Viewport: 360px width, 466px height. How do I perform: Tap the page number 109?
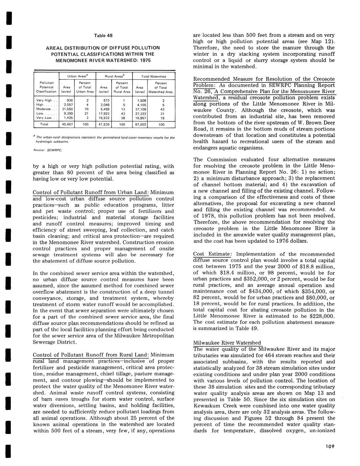click(328, 446)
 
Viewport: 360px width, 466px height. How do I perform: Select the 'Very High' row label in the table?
click(44, 100)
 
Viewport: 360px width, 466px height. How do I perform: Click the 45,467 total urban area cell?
click(67, 124)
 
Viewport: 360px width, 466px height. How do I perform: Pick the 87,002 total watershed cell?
click(141, 124)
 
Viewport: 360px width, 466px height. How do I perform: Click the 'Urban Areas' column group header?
click(77, 76)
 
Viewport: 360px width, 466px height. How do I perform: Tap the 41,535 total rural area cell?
click(104, 124)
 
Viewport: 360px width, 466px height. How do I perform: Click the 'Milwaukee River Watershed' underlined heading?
click(227, 343)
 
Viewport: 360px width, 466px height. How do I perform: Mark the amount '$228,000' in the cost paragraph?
click(321, 316)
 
